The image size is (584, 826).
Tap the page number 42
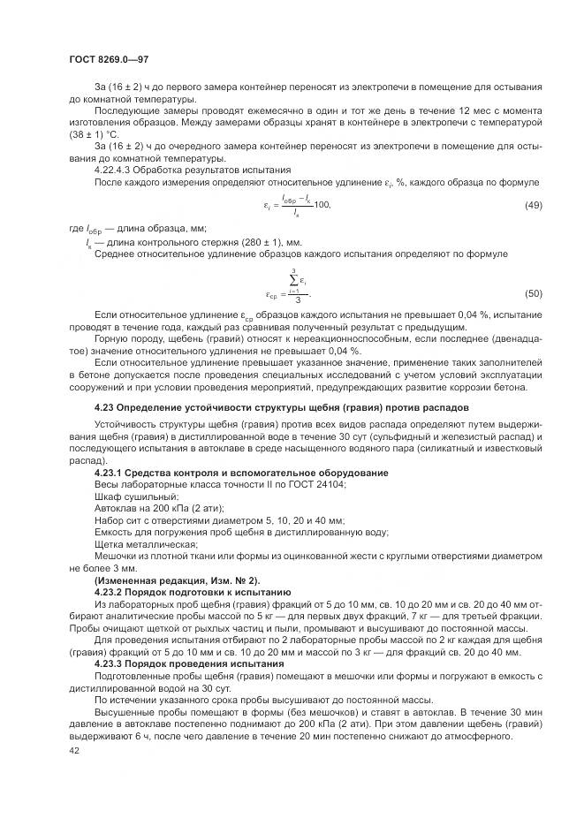73,750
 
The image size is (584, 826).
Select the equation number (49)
533,205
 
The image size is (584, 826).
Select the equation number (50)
533,293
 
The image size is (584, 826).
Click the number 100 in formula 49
320,205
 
